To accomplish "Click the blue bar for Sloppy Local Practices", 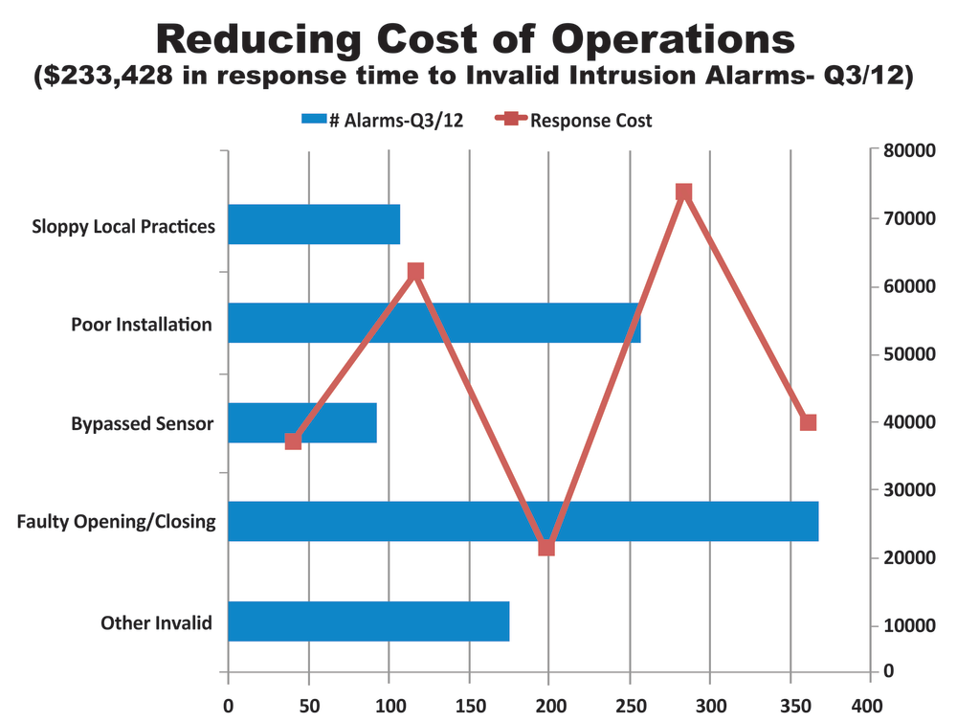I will (314, 224).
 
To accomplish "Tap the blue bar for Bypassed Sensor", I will (302, 422).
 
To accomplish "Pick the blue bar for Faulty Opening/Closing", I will (523, 521).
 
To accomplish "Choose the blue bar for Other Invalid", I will (368, 621).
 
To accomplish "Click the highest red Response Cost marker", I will (683, 192).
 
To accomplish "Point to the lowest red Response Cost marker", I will (546, 548).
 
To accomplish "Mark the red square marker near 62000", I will (415, 272).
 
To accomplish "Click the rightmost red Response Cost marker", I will (808, 422).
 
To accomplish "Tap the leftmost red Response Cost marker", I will (294, 441).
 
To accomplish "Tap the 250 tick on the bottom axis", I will (630, 705).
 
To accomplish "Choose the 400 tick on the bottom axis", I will (870, 705).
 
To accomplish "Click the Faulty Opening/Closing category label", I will (117, 522).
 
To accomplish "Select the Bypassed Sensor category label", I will (143, 423).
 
